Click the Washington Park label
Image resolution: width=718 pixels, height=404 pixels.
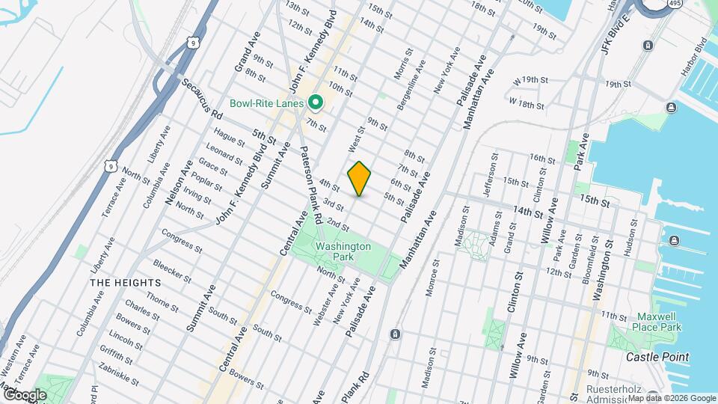tap(343, 251)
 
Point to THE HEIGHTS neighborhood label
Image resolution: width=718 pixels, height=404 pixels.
tap(126, 283)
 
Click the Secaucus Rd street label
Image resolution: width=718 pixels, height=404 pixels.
tap(206, 106)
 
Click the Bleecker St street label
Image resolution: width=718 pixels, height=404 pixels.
tap(173, 270)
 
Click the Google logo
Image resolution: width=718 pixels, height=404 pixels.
tap(25, 394)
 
